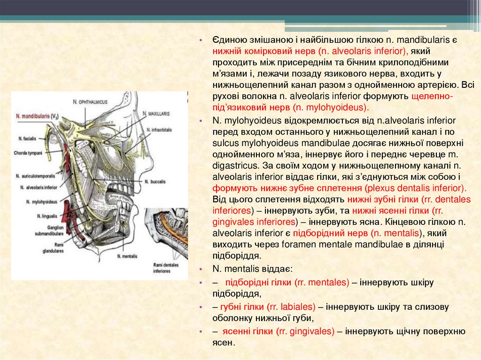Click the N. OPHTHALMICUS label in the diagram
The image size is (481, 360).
91,101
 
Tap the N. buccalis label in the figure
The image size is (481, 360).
154,181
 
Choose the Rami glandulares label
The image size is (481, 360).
52,248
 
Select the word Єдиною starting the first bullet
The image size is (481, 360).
229,40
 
